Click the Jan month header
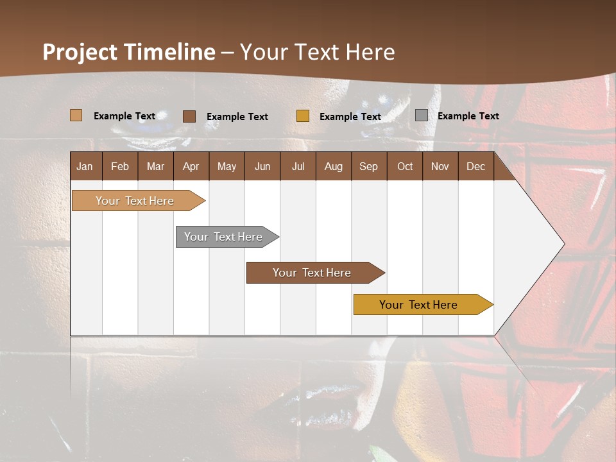85,166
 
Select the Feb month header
120,166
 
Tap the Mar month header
155,166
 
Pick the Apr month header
191,166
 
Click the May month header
227,166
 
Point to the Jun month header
262,166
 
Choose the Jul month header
298,166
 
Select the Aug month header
334,166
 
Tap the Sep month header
369,166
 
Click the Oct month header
405,166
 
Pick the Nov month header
440,166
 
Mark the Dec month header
476,166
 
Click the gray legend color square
422,116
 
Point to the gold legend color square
303,116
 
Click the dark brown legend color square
189,116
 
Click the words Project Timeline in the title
129,52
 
